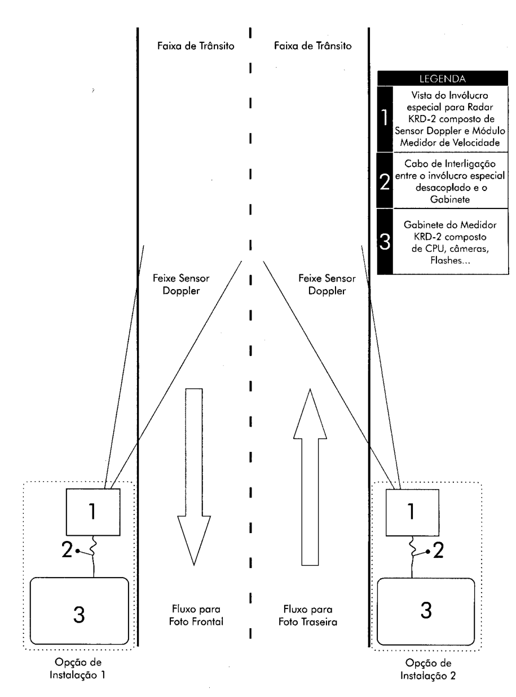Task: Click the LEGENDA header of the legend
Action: point(442,78)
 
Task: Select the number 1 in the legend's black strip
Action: point(385,118)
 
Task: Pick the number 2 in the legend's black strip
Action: point(385,181)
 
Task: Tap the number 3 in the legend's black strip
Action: point(385,241)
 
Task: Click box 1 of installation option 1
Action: point(93,512)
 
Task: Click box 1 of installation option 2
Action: point(412,512)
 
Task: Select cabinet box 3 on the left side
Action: point(80,611)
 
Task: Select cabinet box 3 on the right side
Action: point(426,611)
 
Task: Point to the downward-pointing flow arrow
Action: point(194,477)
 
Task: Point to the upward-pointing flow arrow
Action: point(310,477)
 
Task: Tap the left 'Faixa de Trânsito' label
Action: point(196,46)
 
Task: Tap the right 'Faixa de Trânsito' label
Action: point(313,46)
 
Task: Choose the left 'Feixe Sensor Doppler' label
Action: point(181,285)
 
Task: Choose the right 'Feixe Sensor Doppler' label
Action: point(327,285)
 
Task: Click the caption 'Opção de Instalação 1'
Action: point(78,668)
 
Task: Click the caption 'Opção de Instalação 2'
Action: point(428,669)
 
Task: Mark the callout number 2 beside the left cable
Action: point(67,549)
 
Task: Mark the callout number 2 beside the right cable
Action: point(438,551)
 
